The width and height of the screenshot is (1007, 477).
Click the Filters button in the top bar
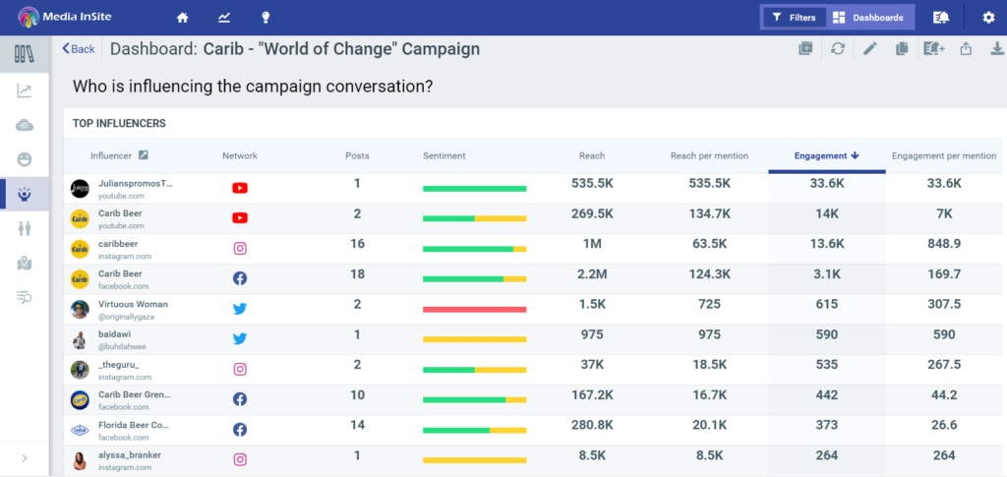tap(794, 18)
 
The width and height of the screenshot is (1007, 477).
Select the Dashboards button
tap(867, 18)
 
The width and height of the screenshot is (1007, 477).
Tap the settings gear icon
tap(988, 18)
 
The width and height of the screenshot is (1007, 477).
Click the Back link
tap(79, 49)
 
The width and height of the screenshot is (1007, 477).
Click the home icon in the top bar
tap(182, 18)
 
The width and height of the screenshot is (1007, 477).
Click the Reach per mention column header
tap(709, 155)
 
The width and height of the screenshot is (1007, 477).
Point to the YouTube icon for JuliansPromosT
tap(240, 188)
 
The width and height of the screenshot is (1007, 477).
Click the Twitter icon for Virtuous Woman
tap(240, 309)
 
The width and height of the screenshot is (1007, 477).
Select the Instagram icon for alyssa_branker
tap(240, 459)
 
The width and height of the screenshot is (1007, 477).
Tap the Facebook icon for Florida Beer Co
tap(240, 430)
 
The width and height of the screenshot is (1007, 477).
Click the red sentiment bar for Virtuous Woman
tap(474, 309)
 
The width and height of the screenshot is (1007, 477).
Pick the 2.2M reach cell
tap(592, 274)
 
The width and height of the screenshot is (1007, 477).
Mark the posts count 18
tap(357, 274)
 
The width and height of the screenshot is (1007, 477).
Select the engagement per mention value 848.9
tap(943, 244)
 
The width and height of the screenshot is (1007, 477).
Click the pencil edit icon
tap(869, 49)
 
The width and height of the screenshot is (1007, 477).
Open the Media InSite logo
tap(69, 18)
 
